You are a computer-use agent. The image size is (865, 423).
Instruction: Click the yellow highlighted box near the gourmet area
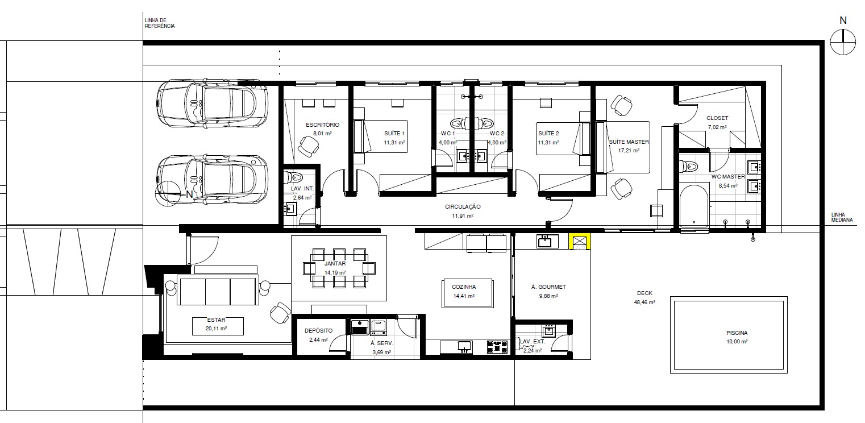579,242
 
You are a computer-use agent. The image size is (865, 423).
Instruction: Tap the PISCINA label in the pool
737,333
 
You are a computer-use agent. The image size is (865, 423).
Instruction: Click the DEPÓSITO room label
318,331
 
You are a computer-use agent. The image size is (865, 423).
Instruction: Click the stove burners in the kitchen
497,346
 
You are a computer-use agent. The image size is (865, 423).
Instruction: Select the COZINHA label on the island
464,287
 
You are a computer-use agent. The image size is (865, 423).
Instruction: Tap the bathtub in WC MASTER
694,206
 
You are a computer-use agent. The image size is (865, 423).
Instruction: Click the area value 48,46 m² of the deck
644,302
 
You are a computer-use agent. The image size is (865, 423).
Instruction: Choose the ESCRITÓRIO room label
322,125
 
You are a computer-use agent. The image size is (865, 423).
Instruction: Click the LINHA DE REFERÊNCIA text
160,23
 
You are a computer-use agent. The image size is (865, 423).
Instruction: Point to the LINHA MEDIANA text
842,217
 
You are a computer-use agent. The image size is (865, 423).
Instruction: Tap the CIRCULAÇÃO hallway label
463,207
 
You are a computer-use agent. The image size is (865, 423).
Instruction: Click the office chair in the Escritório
308,147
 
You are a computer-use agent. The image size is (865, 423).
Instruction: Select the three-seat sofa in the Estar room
218,290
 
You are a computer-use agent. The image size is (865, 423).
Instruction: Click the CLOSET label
717,118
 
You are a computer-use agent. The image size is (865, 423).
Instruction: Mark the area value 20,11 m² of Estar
216,329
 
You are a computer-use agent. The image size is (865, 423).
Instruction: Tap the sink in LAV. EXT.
549,331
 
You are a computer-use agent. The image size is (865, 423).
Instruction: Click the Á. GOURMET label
548,287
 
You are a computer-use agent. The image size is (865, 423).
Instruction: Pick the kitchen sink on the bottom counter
464,346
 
